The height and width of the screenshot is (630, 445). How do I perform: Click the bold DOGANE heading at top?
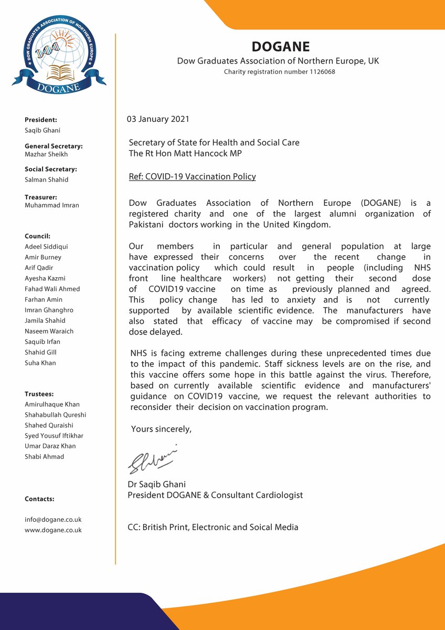pyautogui.click(x=281, y=47)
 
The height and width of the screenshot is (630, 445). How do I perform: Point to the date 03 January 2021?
pyautogui.click(x=158, y=119)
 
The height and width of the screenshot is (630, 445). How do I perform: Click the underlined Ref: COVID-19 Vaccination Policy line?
pyautogui.click(x=192, y=176)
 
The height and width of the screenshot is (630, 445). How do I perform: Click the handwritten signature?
pyautogui.click(x=153, y=459)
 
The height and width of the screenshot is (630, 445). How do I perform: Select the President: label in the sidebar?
pyautogui.click(x=41, y=120)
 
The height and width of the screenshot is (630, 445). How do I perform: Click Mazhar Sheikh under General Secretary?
pyautogui.click(x=46, y=154)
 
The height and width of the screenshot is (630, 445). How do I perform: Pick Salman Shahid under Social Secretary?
pyautogui.click(x=47, y=180)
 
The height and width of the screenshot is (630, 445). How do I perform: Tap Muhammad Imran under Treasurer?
pyautogui.click(x=52, y=205)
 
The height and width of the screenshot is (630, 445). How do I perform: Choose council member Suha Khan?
pyautogui.click(x=40, y=363)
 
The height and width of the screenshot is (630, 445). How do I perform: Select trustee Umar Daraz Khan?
pyautogui.click(x=50, y=446)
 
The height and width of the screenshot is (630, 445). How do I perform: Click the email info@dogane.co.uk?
pyautogui.click(x=53, y=520)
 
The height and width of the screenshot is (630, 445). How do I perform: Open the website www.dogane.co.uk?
pyautogui.click(x=53, y=530)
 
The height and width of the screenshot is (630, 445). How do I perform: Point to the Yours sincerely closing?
pyautogui.click(x=161, y=429)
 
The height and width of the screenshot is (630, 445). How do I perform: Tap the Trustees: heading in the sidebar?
pyautogui.click(x=39, y=394)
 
